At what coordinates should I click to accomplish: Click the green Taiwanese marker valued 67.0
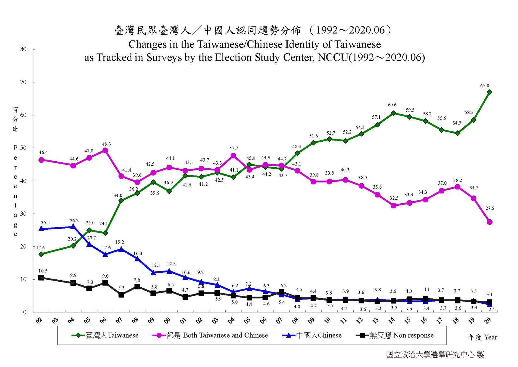coord(489,92)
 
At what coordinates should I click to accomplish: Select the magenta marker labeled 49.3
coord(105,151)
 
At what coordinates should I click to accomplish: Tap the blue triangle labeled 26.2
coord(73,226)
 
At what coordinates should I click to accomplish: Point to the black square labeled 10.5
coord(41,278)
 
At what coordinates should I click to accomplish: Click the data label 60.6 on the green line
coord(392,105)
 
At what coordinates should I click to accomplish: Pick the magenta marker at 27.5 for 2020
coord(489,222)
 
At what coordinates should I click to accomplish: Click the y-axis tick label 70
coord(23,82)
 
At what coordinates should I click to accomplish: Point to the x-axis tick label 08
coord(295,321)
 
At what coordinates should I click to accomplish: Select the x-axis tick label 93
coord(55,321)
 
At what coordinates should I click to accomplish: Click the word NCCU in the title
coord(333,58)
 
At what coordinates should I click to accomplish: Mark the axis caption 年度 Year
coord(483,337)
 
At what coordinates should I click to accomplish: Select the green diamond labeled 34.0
coord(121,201)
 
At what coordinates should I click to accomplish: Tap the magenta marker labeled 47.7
coord(233,156)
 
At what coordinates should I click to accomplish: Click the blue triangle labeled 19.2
coord(121,249)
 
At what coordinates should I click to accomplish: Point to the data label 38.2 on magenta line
coord(457,180)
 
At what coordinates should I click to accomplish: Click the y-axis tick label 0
coord(25,312)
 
